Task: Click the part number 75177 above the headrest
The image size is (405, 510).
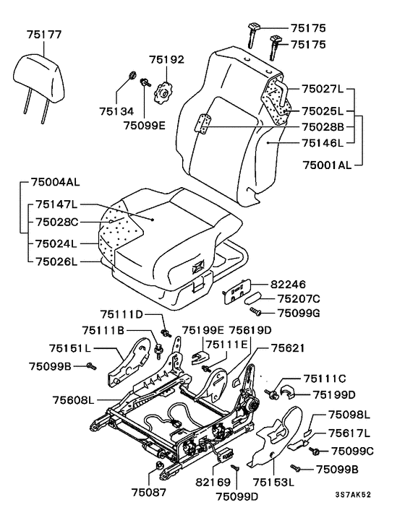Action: click(x=44, y=35)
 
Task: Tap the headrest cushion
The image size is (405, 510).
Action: click(x=38, y=78)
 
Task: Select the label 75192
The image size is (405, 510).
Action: click(x=166, y=59)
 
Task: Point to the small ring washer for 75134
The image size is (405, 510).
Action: click(x=132, y=75)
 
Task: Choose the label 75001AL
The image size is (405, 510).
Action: click(x=327, y=165)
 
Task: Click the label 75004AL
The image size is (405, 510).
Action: click(x=56, y=182)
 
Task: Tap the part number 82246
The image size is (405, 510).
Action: click(x=288, y=285)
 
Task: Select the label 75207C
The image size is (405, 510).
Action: click(x=299, y=298)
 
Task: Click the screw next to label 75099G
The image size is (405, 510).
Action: click(x=255, y=312)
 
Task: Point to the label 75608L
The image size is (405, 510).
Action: click(x=73, y=400)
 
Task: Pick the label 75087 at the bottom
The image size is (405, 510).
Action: click(x=149, y=492)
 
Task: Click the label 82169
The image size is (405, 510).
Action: click(x=213, y=482)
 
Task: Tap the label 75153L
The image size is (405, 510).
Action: click(x=273, y=482)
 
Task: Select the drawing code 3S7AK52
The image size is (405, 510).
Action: click(x=353, y=495)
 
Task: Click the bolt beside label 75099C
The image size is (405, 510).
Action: click(x=315, y=451)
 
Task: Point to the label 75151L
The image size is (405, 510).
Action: click(x=70, y=348)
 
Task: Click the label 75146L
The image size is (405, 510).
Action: click(x=323, y=142)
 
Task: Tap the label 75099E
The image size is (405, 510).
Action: click(x=145, y=125)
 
